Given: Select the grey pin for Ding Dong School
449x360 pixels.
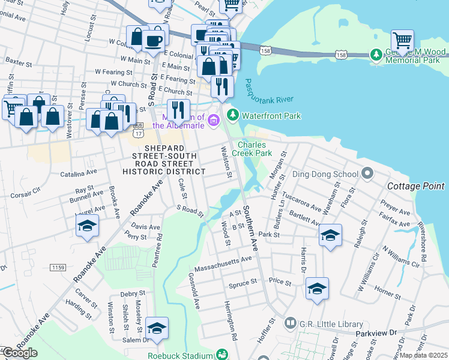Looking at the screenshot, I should coord(368,175).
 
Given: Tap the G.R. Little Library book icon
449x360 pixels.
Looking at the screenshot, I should coord(291,323).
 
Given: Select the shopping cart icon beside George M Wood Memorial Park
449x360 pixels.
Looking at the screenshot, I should coord(402,41).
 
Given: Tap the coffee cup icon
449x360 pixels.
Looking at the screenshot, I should coord(154,40).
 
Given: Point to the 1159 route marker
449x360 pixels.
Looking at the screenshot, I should coord(58,266).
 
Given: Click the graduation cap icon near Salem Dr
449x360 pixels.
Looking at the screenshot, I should coord(157,328).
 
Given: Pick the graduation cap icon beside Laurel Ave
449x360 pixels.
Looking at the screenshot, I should coord(87,226).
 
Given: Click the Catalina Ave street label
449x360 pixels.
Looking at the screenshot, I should coord(74,174).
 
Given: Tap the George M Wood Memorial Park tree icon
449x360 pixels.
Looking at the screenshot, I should coord(376,55).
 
